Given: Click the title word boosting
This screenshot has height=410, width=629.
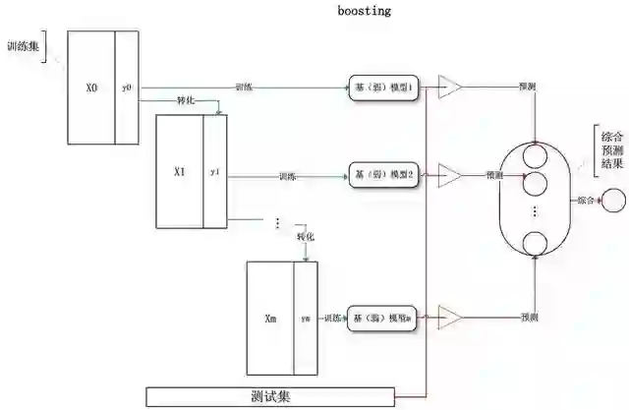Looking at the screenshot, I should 363,11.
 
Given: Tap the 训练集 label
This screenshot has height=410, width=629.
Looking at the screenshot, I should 23,45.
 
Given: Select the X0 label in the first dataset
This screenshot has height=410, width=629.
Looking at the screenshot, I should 92,88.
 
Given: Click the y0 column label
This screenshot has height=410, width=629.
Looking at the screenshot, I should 127,88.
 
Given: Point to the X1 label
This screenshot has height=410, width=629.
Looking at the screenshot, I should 179,171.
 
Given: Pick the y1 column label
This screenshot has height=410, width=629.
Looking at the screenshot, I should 215,171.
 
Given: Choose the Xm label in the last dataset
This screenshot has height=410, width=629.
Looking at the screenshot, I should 271,319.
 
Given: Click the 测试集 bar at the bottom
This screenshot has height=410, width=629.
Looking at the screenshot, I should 270,396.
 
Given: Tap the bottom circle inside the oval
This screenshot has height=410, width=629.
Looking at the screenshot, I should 535,243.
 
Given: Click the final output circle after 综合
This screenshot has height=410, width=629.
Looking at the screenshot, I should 611,201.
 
